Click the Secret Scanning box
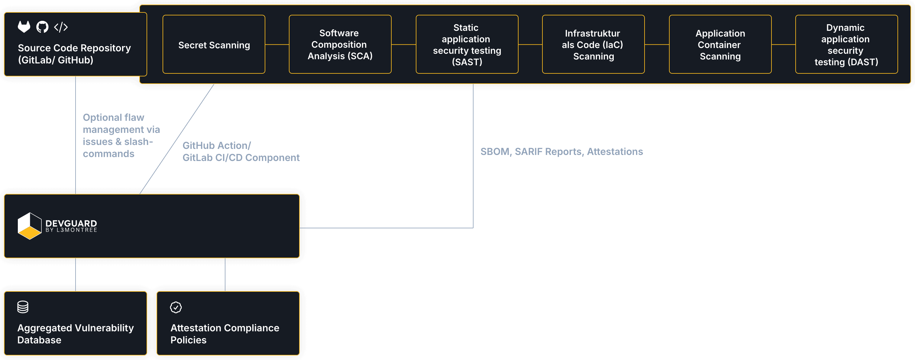[x=214, y=44]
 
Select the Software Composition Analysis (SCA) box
[x=340, y=44]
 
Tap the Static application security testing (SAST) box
[x=467, y=44]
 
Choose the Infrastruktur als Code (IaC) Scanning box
[x=593, y=44]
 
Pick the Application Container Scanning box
[x=720, y=44]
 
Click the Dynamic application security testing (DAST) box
[x=847, y=44]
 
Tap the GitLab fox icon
[x=24, y=27]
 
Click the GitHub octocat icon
[x=42, y=27]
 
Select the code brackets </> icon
[x=61, y=27]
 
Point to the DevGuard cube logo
[x=30, y=226]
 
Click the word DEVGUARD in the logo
[x=71, y=223]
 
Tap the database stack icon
[x=23, y=307]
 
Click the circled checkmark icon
[x=176, y=307]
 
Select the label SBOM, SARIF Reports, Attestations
[x=561, y=152]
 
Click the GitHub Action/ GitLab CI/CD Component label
[x=241, y=152]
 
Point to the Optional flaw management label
[x=121, y=135]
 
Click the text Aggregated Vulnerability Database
[x=76, y=334]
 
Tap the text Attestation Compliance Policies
[x=225, y=334]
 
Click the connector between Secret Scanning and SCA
[x=277, y=44]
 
